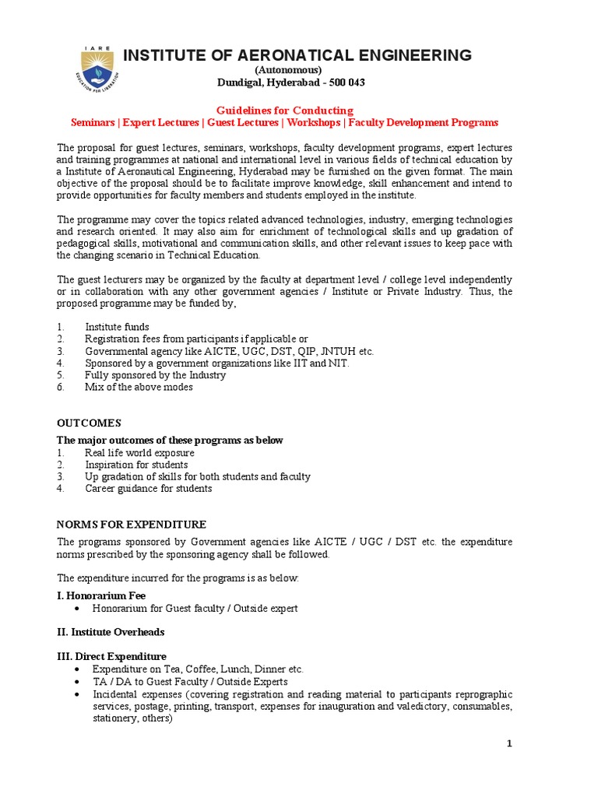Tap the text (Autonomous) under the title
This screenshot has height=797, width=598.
289,70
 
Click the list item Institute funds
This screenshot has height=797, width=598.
117,327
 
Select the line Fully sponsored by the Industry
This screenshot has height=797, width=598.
155,375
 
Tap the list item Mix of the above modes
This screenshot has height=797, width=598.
139,387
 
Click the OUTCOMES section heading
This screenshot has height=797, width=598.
89,423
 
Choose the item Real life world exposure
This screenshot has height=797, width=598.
139,453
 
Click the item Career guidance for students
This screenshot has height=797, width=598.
148,489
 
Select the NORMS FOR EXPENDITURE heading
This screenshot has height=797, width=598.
132,525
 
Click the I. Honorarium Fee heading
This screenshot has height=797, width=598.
101,595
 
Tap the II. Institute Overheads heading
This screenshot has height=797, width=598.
111,632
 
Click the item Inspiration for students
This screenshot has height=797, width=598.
136,465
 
